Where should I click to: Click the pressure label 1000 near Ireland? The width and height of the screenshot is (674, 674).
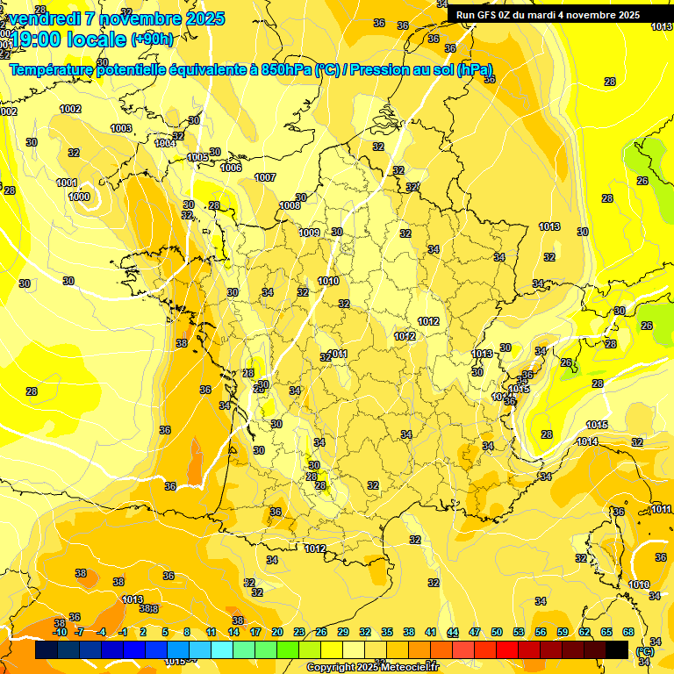tap(79, 197)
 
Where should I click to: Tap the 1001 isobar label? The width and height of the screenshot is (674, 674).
tap(67, 183)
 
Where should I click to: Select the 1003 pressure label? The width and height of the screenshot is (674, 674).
tap(121, 128)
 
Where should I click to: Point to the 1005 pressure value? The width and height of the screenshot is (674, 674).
tap(198, 158)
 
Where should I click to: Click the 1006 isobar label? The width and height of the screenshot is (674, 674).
tap(231, 168)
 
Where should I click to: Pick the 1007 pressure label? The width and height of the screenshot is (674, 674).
tap(265, 177)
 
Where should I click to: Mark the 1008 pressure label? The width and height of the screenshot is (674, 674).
tap(290, 206)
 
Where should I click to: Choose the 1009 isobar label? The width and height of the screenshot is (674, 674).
tap(309, 233)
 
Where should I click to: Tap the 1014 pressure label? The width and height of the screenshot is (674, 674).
tap(587, 441)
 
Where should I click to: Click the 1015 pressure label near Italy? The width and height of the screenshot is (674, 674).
tap(597, 426)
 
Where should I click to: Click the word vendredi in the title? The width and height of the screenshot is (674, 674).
tap(44, 18)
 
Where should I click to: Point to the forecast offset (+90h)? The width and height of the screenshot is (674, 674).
tap(152, 39)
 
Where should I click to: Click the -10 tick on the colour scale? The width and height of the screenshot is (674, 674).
tap(60, 632)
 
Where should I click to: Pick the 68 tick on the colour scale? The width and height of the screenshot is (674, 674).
tap(628, 632)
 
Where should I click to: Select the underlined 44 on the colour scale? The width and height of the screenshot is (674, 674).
tap(453, 632)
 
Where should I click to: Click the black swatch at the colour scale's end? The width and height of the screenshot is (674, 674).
tap(617, 649)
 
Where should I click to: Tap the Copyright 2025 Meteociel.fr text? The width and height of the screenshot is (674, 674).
tap(372, 667)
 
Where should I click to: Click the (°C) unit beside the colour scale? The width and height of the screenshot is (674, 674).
tap(645, 651)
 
